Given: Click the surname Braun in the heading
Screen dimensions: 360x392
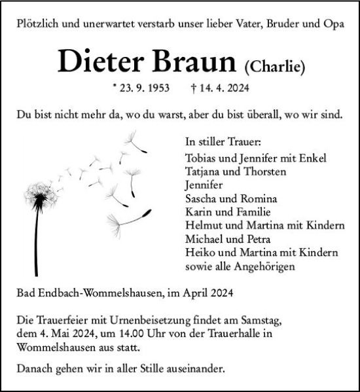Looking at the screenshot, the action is [x=195, y=62].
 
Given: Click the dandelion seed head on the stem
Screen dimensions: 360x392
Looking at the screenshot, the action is [x=40, y=196].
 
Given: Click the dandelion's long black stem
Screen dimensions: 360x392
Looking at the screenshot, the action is [x=36, y=242].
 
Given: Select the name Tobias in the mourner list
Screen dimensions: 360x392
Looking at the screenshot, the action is [x=201, y=158].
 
